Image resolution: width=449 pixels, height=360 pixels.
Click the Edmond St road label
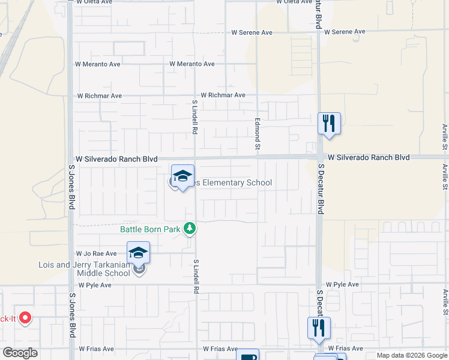pyautogui.click(x=257, y=134)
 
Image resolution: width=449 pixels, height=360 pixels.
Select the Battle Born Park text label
pyautogui.click(x=150, y=229)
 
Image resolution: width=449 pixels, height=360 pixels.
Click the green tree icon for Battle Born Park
pyautogui.click(x=190, y=229)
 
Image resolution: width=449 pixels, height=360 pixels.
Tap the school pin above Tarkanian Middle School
pyautogui.click(x=138, y=253)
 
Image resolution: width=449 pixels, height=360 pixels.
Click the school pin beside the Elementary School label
pyautogui.click(x=182, y=176)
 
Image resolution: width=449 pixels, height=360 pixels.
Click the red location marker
pyautogui.click(x=25, y=317)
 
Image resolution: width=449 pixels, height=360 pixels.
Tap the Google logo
pyautogui.click(x=20, y=353)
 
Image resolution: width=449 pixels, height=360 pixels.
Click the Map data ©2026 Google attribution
pyautogui.click(x=411, y=355)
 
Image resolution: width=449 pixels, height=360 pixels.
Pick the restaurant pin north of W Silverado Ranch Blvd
pyautogui.click(x=329, y=124)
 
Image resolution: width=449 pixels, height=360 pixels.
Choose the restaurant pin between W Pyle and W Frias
pyautogui.click(x=319, y=328)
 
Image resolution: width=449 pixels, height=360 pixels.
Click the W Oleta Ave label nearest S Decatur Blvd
pyautogui.click(x=295, y=2)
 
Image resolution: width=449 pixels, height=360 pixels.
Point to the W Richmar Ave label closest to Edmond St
pyautogui.click(x=223, y=95)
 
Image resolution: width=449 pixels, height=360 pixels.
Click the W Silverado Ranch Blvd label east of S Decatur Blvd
pyautogui.click(x=369, y=157)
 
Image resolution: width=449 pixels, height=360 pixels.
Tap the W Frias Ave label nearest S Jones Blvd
pyautogui.click(x=97, y=349)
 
